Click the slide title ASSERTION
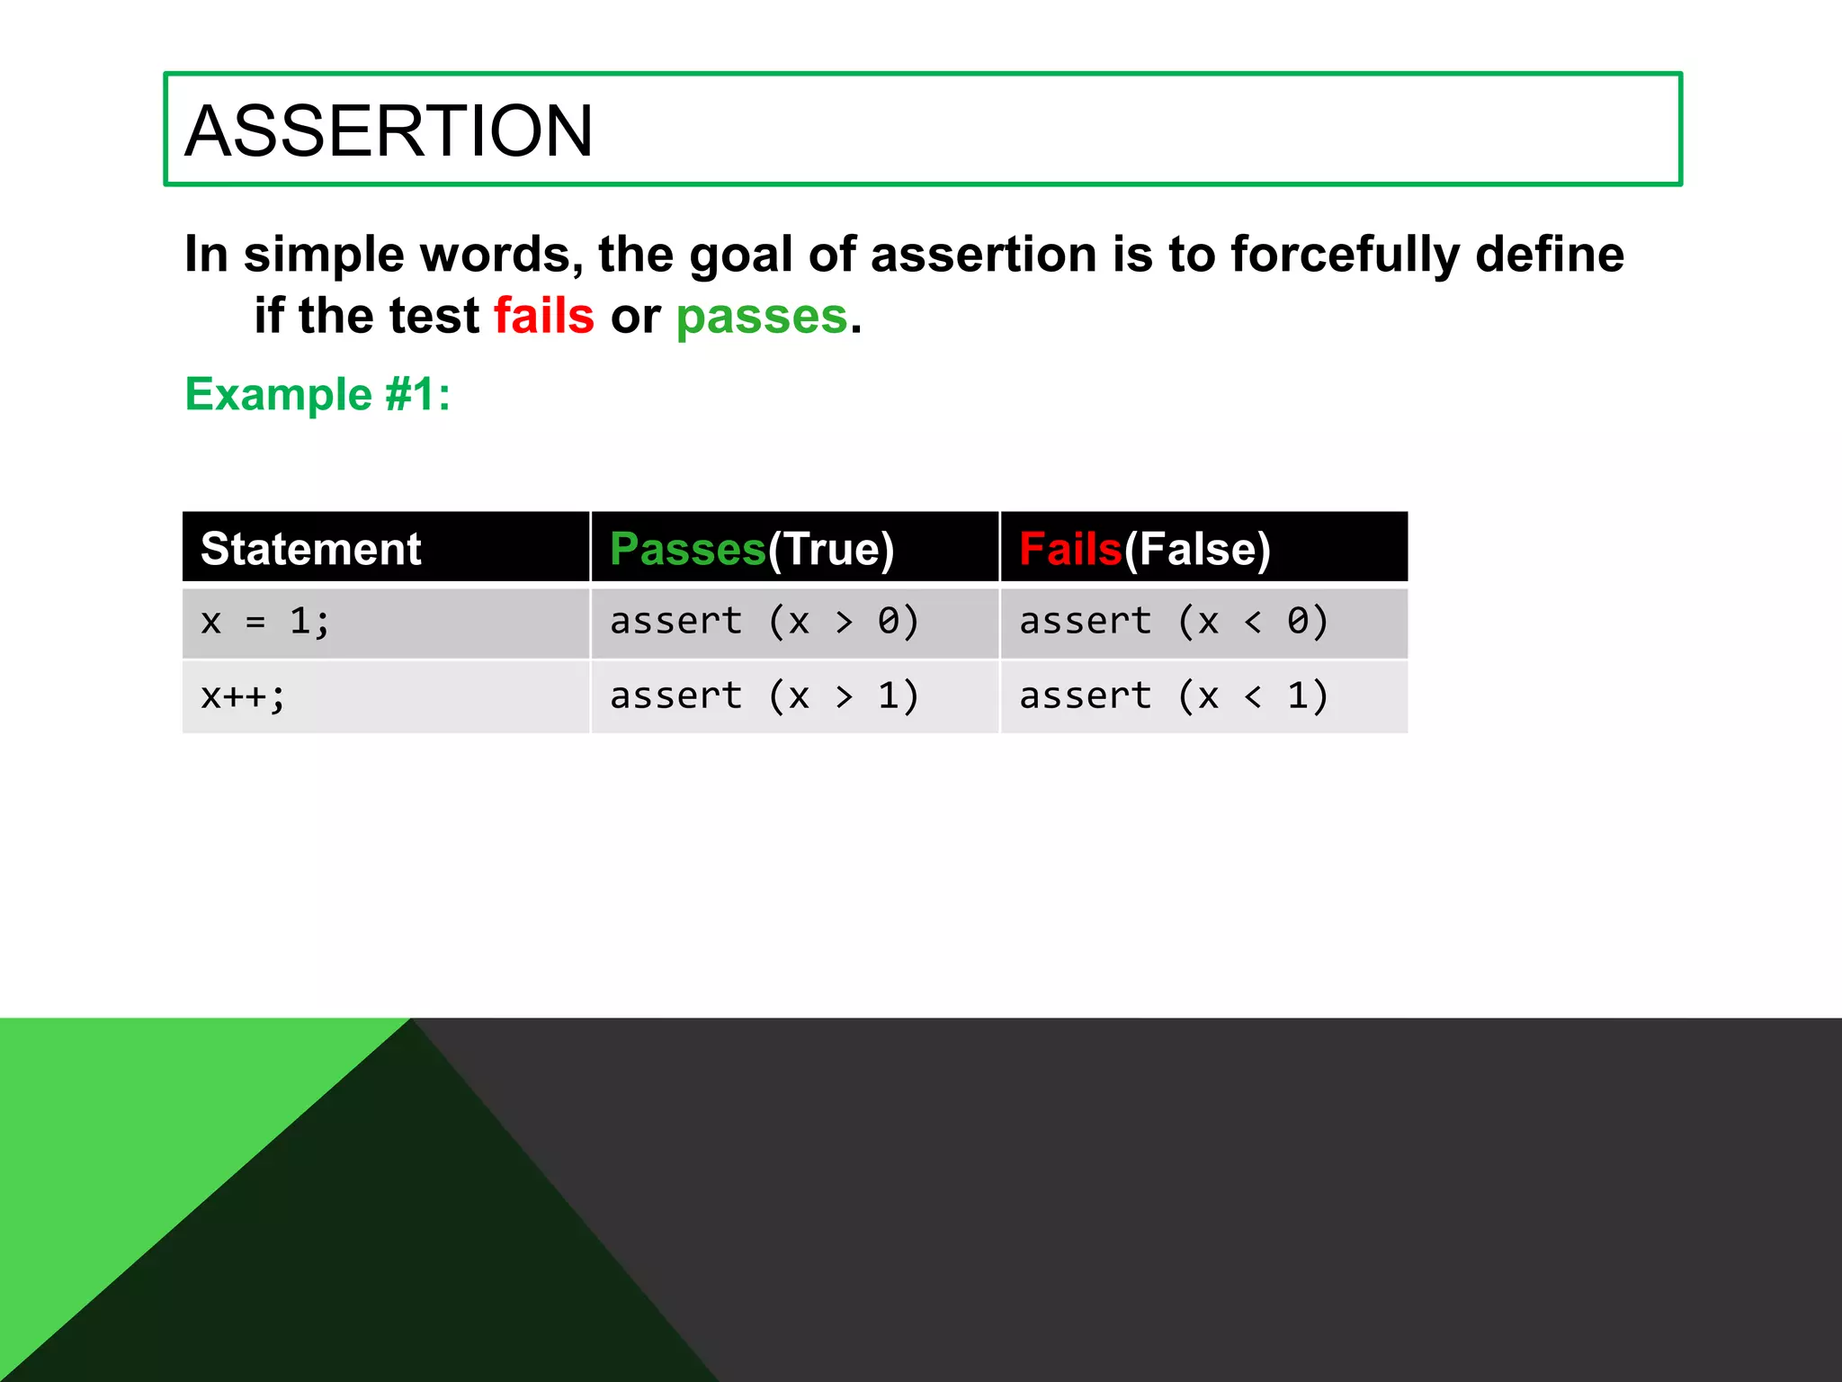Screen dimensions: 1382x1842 tap(389, 131)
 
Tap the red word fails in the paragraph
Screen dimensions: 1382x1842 tap(544, 317)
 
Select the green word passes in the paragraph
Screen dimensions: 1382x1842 tap(762, 317)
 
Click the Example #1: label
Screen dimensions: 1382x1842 tap(317, 394)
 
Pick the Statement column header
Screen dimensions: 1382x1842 tap(311, 549)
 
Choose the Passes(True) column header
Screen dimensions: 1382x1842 tap(752, 549)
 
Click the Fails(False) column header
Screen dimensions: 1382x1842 tap(1144, 549)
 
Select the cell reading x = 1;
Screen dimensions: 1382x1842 tap(265, 622)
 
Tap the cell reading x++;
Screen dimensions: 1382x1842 tap(243, 696)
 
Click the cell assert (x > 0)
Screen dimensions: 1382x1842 tap(765, 622)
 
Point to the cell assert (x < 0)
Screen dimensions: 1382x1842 tap(1174, 622)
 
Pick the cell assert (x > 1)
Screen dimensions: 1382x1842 tap(765, 696)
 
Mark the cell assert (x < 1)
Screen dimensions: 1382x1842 tap(1174, 696)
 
